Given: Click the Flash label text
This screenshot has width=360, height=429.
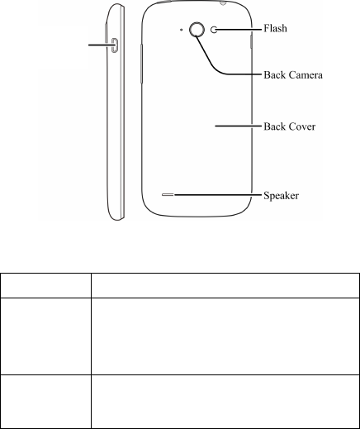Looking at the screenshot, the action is [x=275, y=28].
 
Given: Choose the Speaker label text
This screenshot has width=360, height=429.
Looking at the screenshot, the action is [x=281, y=196].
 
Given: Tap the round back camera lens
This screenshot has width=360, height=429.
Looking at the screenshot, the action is [x=197, y=30].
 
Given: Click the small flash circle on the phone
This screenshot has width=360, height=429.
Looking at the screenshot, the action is [x=214, y=30].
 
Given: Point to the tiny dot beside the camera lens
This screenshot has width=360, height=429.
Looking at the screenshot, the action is [x=181, y=30].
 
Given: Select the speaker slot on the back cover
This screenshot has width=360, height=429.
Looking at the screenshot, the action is [x=168, y=195].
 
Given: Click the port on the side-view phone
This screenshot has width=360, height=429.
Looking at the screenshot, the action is [x=115, y=45].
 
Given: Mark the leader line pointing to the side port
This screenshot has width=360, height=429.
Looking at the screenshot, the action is [x=100, y=45].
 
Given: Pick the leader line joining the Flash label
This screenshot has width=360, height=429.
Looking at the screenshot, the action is [x=238, y=29].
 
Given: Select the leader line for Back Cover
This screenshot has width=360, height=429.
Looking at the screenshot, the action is [x=238, y=126].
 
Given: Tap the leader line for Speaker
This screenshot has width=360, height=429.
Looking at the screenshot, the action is [x=218, y=195].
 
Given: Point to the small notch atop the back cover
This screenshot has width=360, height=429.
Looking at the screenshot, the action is [x=223, y=3].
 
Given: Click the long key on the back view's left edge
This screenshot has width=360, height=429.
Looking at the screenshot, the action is [x=141, y=64].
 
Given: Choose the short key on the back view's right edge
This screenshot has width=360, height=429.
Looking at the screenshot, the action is [x=251, y=42].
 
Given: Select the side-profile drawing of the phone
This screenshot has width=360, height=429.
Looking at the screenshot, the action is [x=115, y=112].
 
